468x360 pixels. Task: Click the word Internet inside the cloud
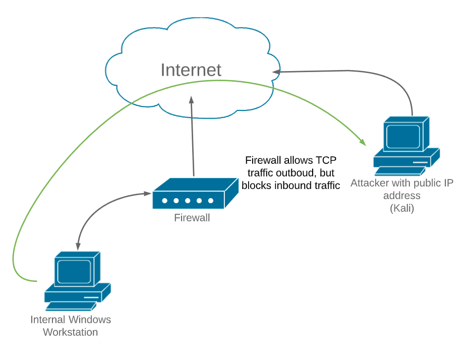tap(191, 70)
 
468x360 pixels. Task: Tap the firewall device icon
tap(196, 193)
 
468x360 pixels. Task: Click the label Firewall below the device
tap(192, 218)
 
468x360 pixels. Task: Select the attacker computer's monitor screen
tap(403, 137)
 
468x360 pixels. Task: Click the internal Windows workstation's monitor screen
tap(74, 272)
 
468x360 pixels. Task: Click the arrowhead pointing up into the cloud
tap(192, 100)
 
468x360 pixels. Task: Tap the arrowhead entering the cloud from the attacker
tap(276, 72)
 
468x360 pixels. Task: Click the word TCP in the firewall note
tap(326, 160)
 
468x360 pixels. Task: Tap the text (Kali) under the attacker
tap(402, 208)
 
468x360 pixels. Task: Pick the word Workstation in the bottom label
tap(71, 332)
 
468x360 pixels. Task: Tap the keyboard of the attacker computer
tap(400, 171)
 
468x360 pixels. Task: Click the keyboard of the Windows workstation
tap(71, 306)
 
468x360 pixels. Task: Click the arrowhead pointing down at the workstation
tap(78, 246)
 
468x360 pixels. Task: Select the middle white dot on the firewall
tap(188, 201)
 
